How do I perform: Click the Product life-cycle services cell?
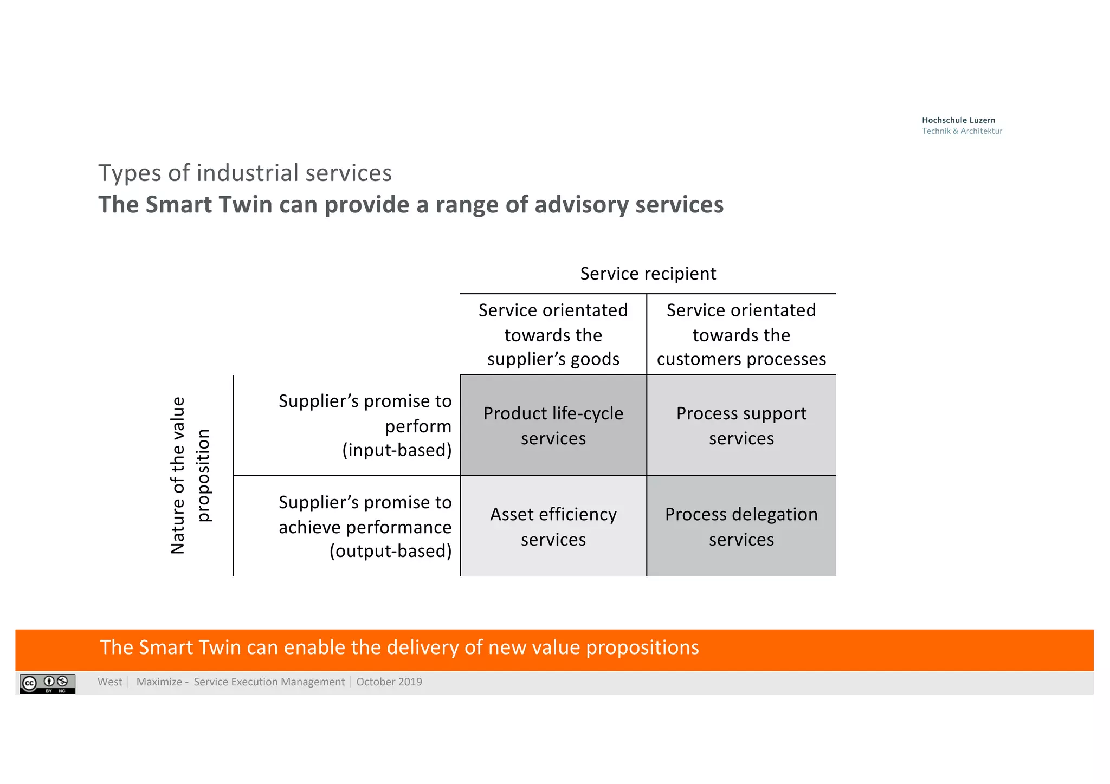[x=553, y=425]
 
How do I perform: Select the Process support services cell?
[x=741, y=425]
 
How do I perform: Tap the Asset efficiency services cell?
[x=553, y=526]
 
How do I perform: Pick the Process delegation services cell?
[x=741, y=526]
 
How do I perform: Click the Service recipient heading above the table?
[x=648, y=274]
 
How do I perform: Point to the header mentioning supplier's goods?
[x=553, y=334]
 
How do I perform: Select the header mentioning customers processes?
[x=741, y=334]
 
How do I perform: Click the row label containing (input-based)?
[x=365, y=425]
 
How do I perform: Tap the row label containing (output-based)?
[x=365, y=526]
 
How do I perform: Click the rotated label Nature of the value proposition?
[x=190, y=475]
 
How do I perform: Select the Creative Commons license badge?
[x=48, y=683]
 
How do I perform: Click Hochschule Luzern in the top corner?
[x=958, y=120]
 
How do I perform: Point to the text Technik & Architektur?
[x=962, y=131]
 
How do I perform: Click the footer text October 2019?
[x=389, y=682]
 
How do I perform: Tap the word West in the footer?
[x=110, y=682]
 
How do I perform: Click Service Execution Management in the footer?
[x=269, y=682]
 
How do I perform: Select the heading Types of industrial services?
[x=245, y=173]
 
